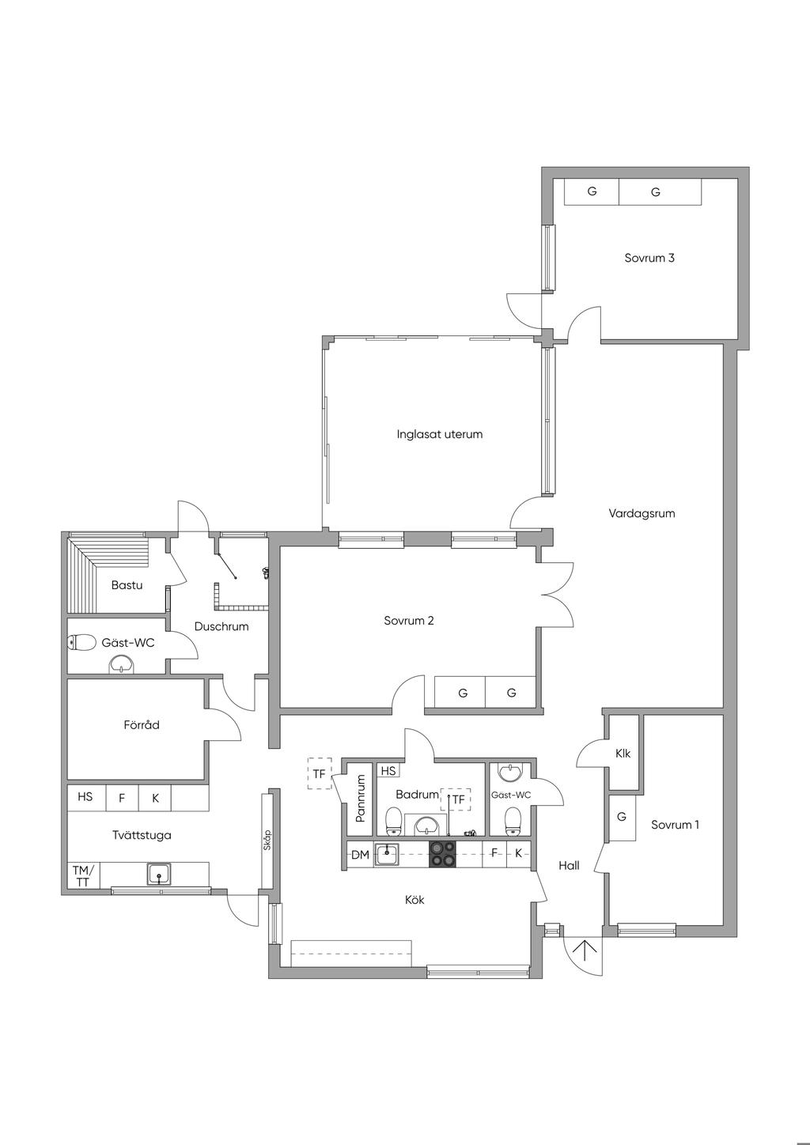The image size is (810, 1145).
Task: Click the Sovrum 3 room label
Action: click(649, 258)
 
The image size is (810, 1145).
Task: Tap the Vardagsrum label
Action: click(642, 513)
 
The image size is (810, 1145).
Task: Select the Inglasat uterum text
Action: click(439, 434)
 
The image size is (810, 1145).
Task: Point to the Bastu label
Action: click(127, 585)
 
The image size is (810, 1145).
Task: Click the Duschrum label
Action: click(221, 626)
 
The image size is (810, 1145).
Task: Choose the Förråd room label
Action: click(142, 725)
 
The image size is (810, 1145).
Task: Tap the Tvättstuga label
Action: click(142, 835)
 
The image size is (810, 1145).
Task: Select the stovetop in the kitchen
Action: click(442, 854)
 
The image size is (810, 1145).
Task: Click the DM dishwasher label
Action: click(360, 855)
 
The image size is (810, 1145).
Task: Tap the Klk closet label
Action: click(623, 754)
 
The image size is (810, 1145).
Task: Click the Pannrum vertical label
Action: click(361, 798)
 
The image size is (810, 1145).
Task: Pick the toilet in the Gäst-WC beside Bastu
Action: click(81, 643)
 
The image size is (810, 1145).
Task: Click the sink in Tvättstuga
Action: click(160, 874)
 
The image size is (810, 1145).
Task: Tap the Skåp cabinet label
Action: click(267, 840)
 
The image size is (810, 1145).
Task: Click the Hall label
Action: click(569, 865)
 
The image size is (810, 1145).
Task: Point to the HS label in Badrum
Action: click(388, 770)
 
